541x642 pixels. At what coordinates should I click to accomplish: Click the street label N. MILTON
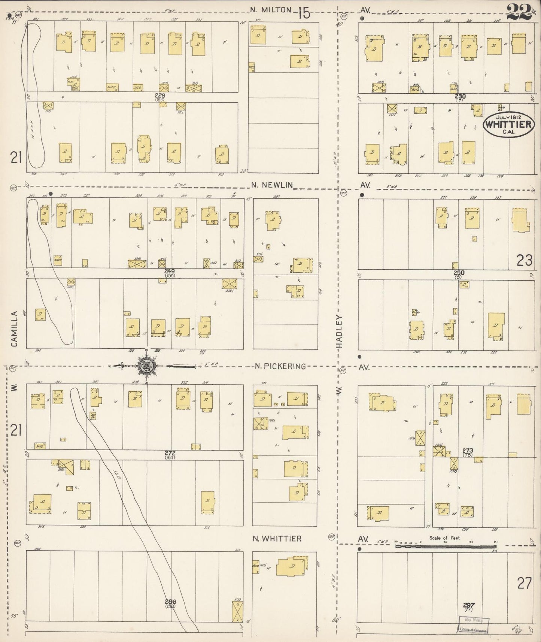271,10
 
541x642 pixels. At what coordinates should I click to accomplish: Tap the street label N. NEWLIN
271,185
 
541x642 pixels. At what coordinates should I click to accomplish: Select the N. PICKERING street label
280,366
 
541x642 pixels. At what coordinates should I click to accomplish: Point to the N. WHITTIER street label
277,539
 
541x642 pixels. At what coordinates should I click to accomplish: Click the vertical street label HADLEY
340,331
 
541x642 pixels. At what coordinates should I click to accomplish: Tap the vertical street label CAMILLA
15,329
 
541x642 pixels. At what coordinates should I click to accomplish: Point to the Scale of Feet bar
446,546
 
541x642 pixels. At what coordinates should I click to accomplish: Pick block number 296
170,602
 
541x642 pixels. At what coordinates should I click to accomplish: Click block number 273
468,451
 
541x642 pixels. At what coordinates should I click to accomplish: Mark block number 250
459,273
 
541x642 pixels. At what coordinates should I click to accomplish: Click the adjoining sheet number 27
525,583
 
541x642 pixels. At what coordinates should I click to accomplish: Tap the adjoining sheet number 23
524,260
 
